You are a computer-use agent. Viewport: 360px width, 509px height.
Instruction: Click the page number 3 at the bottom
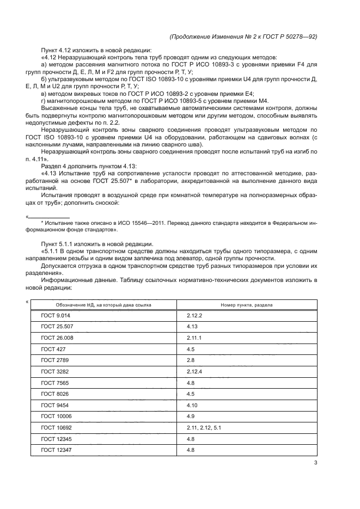[315, 463]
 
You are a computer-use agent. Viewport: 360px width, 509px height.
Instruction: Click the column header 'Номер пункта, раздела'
[246, 305]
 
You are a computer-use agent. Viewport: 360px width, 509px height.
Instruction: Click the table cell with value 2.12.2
[194, 316]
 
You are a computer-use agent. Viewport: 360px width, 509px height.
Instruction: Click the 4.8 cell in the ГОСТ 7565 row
[191, 383]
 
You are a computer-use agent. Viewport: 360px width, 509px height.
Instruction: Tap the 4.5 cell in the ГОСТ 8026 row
[191, 394]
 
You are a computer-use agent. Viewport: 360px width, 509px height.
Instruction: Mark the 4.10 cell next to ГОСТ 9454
[192, 406]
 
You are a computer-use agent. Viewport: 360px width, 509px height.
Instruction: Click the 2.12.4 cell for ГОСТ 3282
[194, 372]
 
